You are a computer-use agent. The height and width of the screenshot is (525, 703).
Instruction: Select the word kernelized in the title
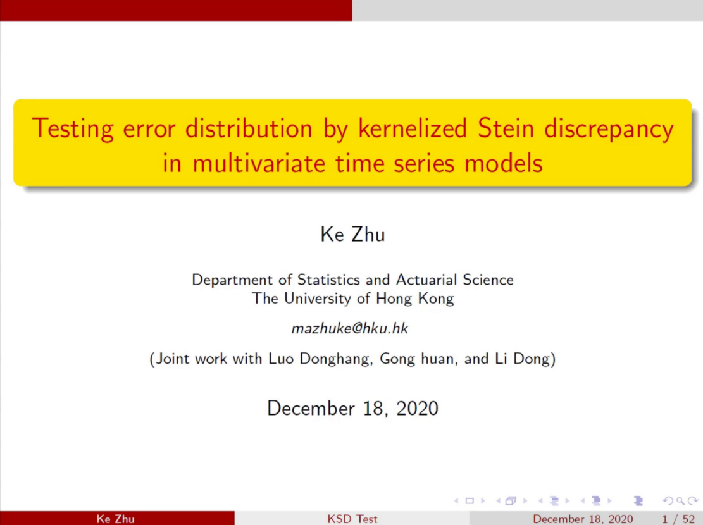pos(413,128)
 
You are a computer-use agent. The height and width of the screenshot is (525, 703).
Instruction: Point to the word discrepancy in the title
pos(609,129)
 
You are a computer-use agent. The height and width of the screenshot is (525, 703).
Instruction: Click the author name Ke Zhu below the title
pos(352,235)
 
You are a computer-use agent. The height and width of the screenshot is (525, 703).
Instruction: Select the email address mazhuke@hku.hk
pos(350,328)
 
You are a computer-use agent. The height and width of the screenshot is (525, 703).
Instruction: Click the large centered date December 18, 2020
pos(352,409)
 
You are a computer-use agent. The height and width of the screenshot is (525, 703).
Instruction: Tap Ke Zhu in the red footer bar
pos(115,519)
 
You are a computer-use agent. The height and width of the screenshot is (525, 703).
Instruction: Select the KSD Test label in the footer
pos(352,519)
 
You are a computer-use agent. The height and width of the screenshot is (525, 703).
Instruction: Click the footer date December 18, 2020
pos(583,519)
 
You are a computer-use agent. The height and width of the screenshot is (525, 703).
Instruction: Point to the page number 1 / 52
pos(678,519)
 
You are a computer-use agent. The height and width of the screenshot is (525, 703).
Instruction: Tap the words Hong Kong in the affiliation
pos(414,299)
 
